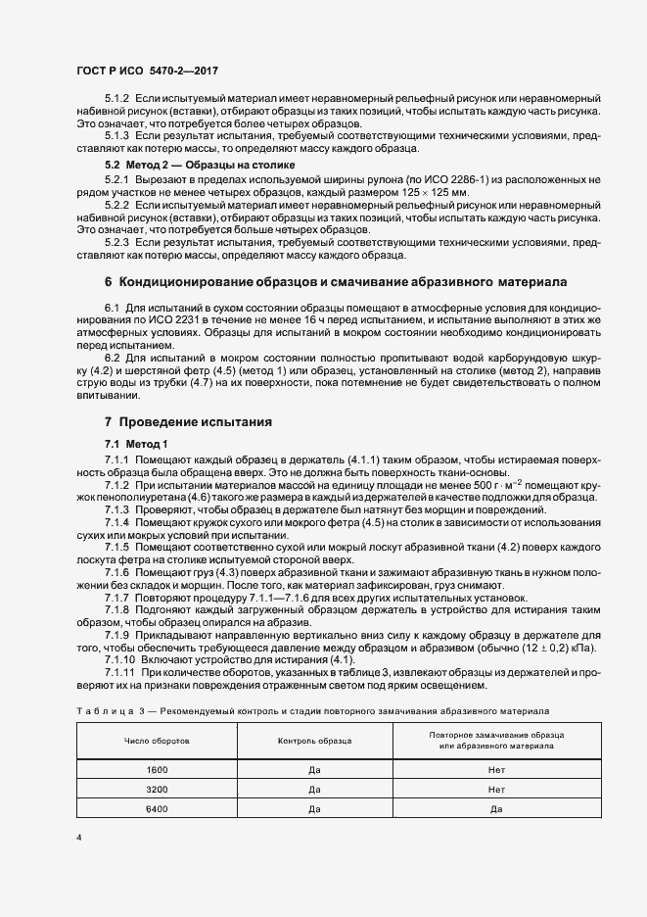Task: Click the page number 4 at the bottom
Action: pyautogui.click(x=79, y=839)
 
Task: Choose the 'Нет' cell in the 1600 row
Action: pyautogui.click(x=496, y=770)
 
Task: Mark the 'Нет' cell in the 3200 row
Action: pyautogui.click(x=496, y=789)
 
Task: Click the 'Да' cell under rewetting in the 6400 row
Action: pyautogui.click(x=496, y=808)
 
